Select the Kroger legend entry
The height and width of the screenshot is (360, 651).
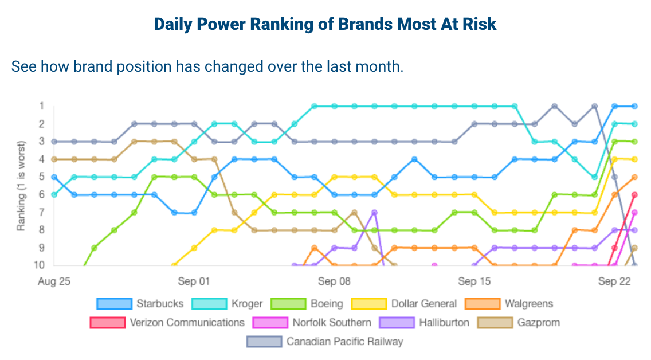click(x=246, y=304)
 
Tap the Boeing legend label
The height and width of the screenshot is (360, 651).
click(x=327, y=304)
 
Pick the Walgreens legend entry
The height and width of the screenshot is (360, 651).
click(x=529, y=304)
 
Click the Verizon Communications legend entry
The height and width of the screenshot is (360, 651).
click(x=187, y=322)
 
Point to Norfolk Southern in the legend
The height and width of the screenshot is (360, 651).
click(x=332, y=322)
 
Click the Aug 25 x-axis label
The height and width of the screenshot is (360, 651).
click(x=54, y=281)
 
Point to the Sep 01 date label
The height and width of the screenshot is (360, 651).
click(x=194, y=281)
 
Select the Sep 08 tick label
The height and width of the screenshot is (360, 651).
click(x=334, y=281)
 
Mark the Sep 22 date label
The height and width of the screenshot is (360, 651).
click(x=614, y=281)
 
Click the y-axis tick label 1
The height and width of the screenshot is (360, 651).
click(x=41, y=106)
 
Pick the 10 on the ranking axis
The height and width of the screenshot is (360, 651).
click(x=39, y=265)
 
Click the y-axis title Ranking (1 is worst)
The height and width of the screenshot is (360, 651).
click(x=21, y=185)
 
